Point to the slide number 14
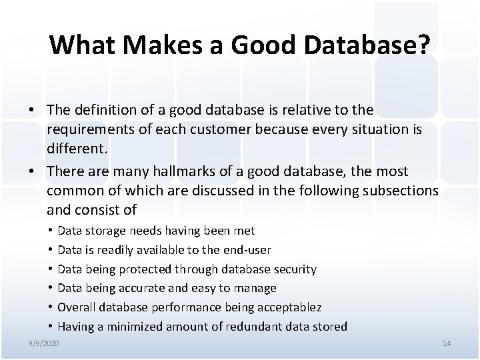447,343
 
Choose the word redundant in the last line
264,327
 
